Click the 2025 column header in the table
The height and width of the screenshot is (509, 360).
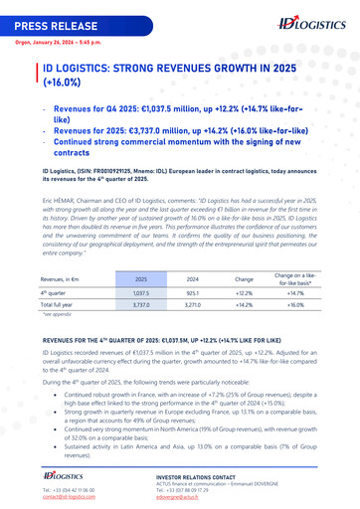141,281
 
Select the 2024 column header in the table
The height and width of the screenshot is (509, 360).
193,281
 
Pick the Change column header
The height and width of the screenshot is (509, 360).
244,281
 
